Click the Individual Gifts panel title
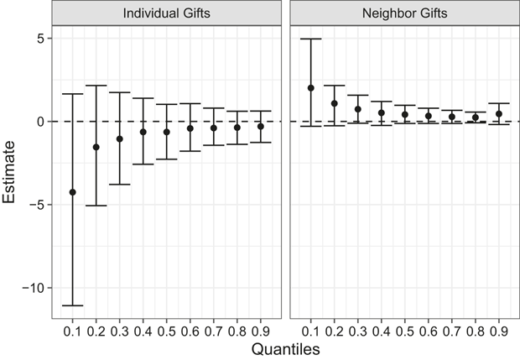tap(166, 13)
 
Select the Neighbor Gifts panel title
tap(404, 13)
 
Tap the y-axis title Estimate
tap(9, 172)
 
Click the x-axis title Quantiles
tap(285, 349)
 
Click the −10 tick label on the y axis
tap(34, 288)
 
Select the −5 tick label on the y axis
tap(37, 205)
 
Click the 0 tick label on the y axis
tap(40, 122)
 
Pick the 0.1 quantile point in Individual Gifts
tap(73, 192)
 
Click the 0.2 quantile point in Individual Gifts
tap(96, 147)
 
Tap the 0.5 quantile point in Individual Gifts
tap(166, 132)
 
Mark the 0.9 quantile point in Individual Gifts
tap(261, 127)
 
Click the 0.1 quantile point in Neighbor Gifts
tap(310, 88)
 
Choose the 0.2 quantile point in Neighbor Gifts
tap(335, 103)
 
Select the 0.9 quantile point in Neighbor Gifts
tap(499, 114)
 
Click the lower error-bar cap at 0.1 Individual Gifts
tap(73, 305)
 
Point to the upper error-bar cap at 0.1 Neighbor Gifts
tap(310, 39)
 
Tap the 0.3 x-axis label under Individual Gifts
tap(119, 331)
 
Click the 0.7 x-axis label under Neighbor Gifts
tap(452, 331)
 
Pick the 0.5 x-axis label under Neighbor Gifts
tap(404, 331)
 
